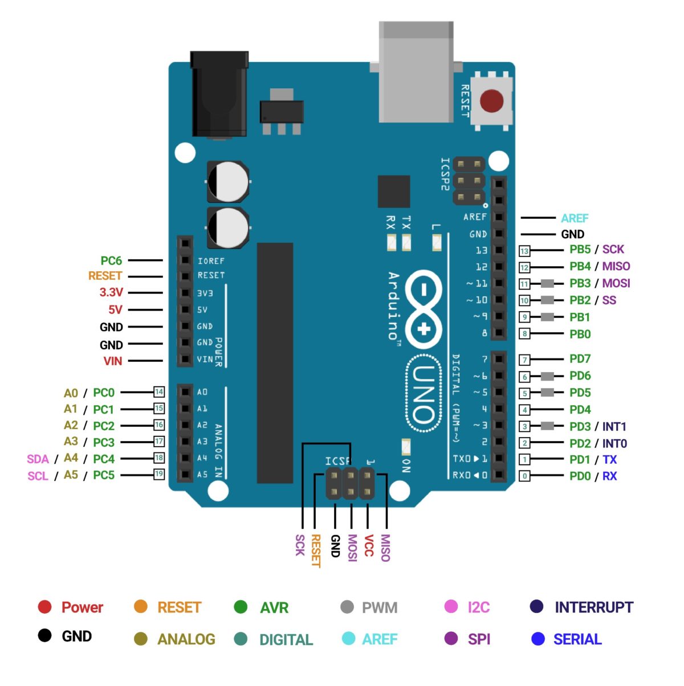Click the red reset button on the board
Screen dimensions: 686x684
(491, 101)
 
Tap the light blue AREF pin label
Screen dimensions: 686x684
(574, 218)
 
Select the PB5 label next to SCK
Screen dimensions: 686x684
(580, 250)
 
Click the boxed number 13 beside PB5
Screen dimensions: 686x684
(524, 251)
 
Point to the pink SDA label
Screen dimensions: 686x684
(38, 459)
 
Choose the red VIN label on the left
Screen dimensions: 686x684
(112, 361)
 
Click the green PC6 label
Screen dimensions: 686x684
(111, 261)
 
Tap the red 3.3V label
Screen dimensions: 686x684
(111, 292)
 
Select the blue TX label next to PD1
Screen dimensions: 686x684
(609, 460)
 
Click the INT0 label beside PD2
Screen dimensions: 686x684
(614, 443)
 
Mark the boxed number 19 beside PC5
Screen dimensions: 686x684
(159, 474)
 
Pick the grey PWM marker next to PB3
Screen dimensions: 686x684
(547, 284)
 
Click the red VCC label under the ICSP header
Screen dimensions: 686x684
(369, 546)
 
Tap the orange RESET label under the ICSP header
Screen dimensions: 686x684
(315, 550)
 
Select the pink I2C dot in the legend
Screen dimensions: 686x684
(451, 607)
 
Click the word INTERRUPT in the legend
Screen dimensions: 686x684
(593, 607)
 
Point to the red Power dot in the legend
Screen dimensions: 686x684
(44, 607)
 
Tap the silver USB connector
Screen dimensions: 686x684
(416, 71)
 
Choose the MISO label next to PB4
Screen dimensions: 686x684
(616, 266)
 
